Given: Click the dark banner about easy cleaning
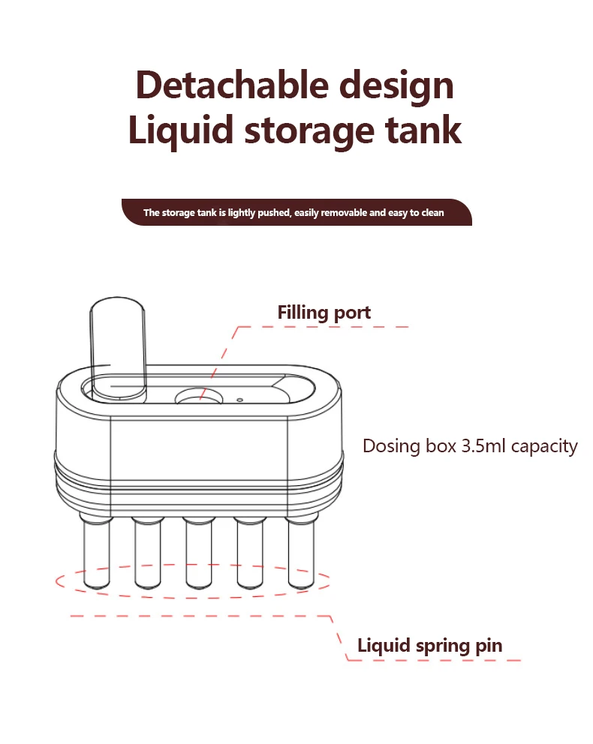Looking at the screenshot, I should (x=296, y=213).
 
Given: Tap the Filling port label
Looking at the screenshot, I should (x=324, y=312).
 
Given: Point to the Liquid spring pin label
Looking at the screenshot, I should (x=429, y=645).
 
